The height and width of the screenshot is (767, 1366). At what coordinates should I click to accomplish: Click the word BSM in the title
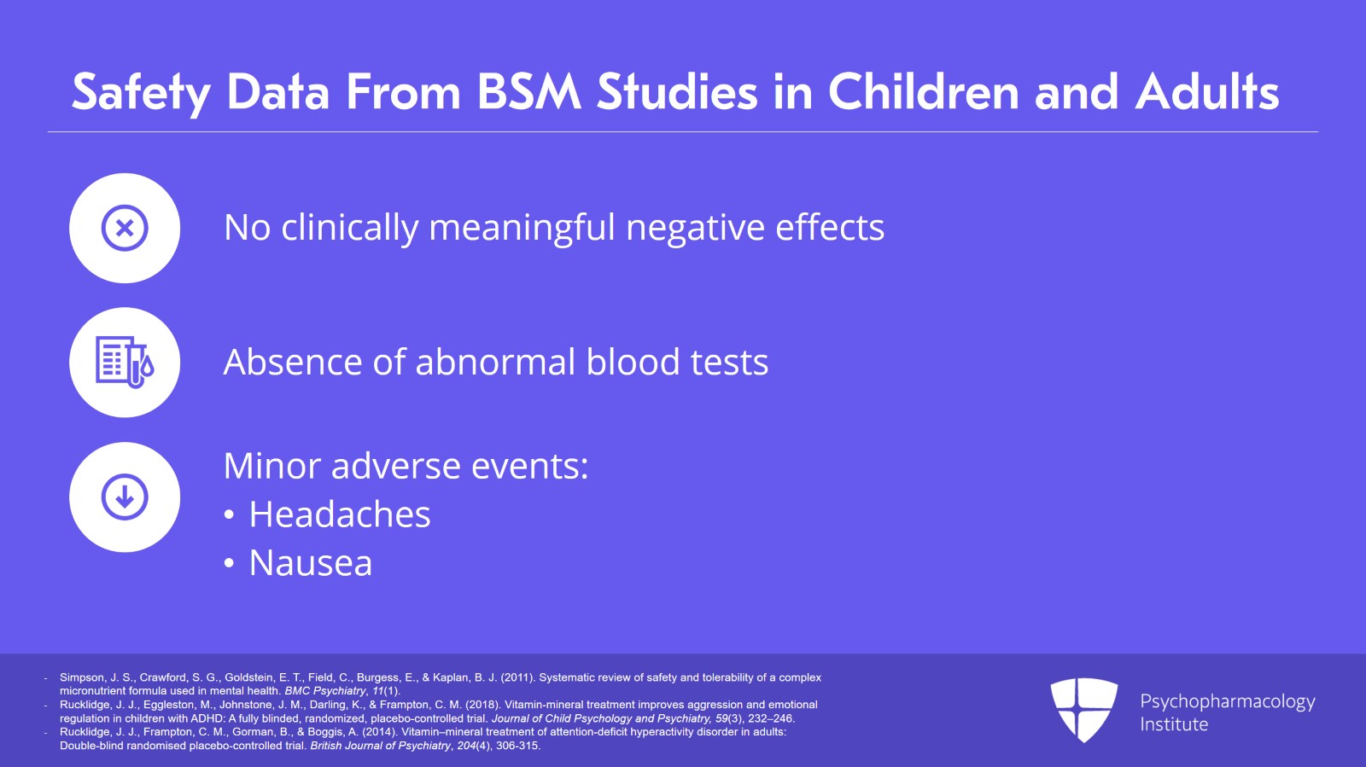pos(528,92)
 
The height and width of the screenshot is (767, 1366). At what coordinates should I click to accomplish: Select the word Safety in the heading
pos(140,92)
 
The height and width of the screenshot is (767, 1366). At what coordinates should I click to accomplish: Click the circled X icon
pos(125,228)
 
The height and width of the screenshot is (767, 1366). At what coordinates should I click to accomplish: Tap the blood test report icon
pos(125,362)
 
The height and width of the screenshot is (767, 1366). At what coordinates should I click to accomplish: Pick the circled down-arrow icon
pos(125,497)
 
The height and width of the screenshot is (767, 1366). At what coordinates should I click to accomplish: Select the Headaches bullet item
pos(339,514)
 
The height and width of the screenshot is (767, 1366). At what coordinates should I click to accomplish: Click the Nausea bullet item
pos(310,563)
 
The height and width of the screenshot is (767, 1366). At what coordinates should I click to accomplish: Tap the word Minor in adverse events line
pos(271,466)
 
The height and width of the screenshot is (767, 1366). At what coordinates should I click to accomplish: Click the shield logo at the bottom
pos(1083,708)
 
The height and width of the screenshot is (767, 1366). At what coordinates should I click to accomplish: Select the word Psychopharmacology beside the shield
pos(1227,701)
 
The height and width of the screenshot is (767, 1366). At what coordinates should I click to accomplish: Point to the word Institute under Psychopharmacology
pos(1174,724)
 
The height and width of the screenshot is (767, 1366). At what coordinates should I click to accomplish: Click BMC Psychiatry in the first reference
pos(324,691)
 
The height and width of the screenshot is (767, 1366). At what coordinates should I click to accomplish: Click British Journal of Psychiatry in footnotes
pos(380,746)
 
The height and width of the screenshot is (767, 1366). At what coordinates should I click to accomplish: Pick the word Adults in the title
pos(1206,92)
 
